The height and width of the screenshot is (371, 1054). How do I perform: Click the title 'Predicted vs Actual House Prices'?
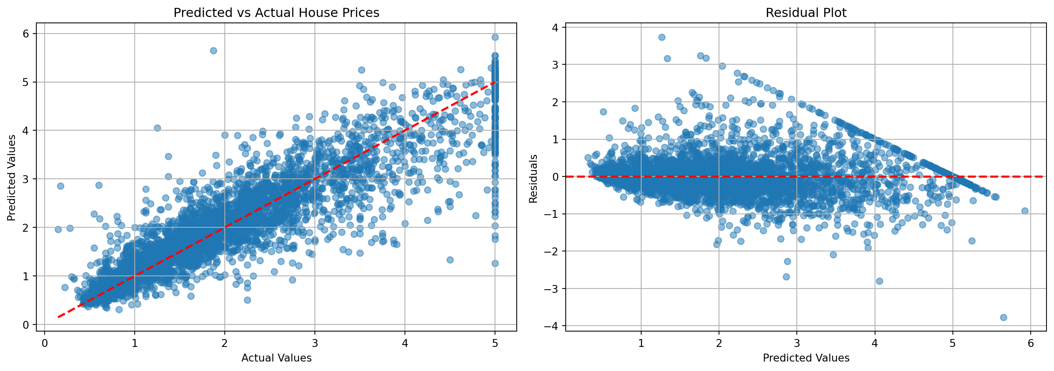[276, 13]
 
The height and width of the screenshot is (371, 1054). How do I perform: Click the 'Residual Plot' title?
[806, 13]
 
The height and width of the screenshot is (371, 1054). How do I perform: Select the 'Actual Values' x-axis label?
[276, 358]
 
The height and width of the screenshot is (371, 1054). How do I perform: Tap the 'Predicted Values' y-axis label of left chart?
[11, 178]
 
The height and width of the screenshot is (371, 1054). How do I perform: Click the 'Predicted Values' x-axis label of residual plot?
[806, 358]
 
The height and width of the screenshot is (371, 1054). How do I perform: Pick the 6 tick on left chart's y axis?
[26, 34]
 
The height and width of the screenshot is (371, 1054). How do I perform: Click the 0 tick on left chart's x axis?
[45, 343]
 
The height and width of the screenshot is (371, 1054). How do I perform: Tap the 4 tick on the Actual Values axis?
[405, 343]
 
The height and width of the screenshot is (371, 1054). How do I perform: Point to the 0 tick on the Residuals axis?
[555, 177]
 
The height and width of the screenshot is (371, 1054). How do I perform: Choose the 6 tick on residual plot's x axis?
[1031, 343]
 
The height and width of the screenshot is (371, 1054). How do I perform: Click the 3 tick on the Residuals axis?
[555, 65]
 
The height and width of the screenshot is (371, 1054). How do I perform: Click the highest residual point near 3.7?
[662, 37]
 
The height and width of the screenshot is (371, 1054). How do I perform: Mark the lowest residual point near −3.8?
[1003, 317]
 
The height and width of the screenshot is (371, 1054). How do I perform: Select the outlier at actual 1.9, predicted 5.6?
[213, 51]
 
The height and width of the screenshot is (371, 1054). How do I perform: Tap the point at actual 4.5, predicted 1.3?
[450, 260]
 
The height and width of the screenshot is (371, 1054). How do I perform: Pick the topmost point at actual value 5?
[495, 37]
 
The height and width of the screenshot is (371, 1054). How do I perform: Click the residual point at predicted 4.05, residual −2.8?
[879, 281]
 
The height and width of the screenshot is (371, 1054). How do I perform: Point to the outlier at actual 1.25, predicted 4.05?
[157, 128]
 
